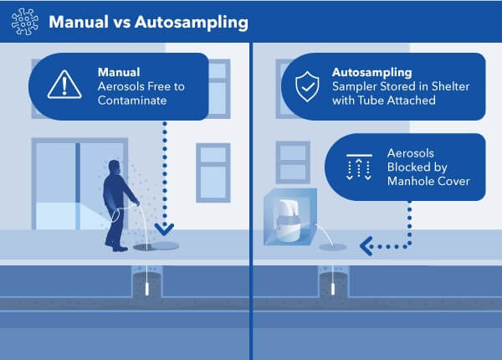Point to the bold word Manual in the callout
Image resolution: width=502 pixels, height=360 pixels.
118,71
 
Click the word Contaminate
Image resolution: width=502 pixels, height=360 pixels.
136,100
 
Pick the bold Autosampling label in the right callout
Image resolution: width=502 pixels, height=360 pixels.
374,71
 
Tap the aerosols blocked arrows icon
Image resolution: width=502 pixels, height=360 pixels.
358,167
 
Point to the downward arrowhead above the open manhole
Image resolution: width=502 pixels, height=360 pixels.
165,228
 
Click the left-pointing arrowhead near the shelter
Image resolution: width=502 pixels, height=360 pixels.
365,246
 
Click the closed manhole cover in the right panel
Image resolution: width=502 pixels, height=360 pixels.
334,246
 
